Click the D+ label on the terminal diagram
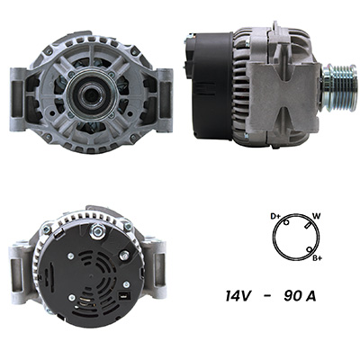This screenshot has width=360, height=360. coord(275,216)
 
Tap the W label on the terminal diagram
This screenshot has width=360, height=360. coord(316,216)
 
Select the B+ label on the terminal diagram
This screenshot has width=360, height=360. coord(317,258)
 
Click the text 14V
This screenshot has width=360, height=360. coord(238,296)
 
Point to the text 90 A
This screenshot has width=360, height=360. coord(300,296)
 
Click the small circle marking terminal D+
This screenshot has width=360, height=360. coord(286,222)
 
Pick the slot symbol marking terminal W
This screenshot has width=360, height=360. coord(307,226)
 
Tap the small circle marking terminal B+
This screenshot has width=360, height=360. coord(309,249)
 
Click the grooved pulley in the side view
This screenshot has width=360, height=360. coord(339,87)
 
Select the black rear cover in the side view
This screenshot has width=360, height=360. coord(210,86)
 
